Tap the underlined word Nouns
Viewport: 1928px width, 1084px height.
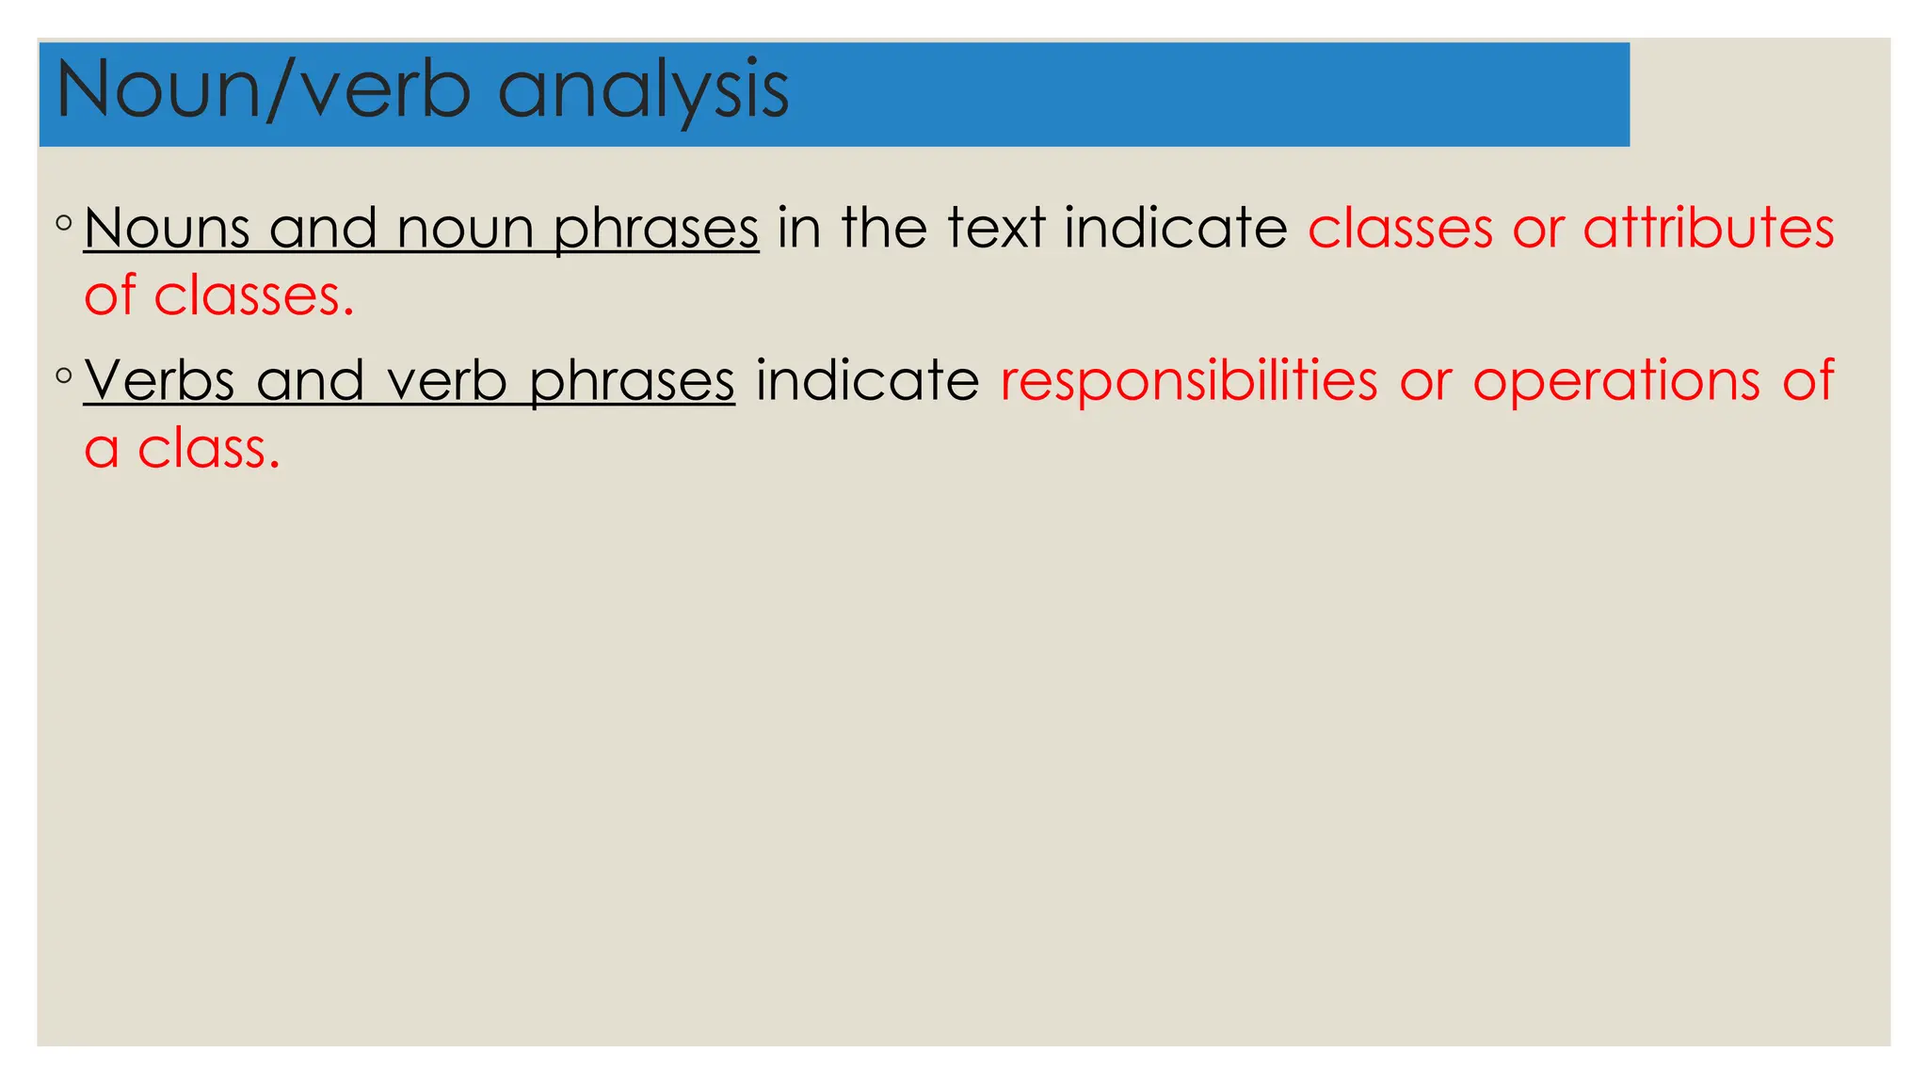(x=166, y=229)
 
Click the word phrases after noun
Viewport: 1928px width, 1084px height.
(x=655, y=229)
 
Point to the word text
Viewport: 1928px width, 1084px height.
(x=996, y=229)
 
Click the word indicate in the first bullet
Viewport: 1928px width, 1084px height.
(x=1175, y=229)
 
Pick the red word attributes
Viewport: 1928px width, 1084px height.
(x=1708, y=229)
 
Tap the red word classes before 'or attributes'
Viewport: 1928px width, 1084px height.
(x=1400, y=229)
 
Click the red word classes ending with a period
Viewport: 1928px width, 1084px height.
(x=253, y=296)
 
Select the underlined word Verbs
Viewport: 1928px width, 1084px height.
(x=159, y=381)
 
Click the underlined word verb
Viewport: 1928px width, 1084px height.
(x=446, y=381)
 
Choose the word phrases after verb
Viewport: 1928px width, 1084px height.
(x=631, y=381)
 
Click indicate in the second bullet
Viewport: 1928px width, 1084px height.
(x=867, y=381)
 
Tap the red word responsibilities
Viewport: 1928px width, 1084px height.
(x=1189, y=381)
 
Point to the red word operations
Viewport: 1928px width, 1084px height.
(x=1615, y=381)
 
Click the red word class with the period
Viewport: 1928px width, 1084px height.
(x=209, y=449)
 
